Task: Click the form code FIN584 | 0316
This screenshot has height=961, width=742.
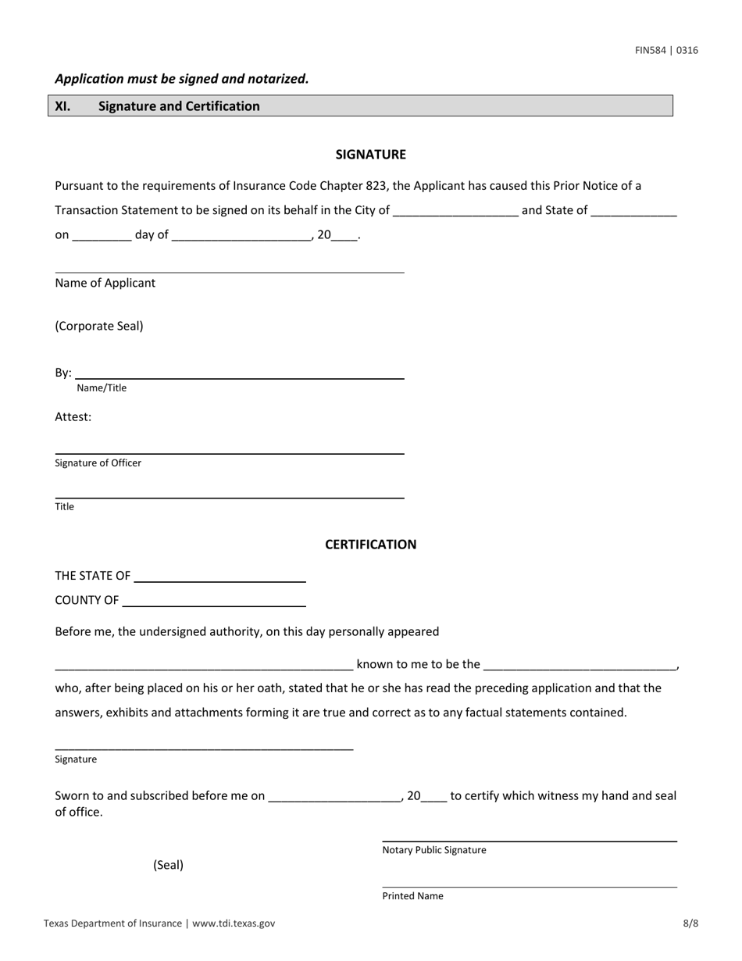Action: (x=666, y=51)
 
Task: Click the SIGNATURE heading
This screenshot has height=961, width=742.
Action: (x=370, y=155)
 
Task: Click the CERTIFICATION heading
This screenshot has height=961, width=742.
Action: (x=370, y=545)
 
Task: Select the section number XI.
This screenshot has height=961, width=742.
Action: (x=62, y=106)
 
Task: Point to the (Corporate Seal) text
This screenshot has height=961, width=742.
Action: (x=99, y=327)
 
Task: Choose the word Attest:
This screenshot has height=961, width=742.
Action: (x=73, y=417)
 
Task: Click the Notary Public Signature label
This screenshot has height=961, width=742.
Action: (x=433, y=850)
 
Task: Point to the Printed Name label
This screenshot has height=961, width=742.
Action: (x=412, y=896)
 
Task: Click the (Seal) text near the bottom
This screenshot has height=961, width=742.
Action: (x=168, y=865)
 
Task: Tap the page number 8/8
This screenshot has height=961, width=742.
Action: (x=690, y=923)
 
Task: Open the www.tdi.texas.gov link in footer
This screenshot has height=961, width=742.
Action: (x=233, y=923)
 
